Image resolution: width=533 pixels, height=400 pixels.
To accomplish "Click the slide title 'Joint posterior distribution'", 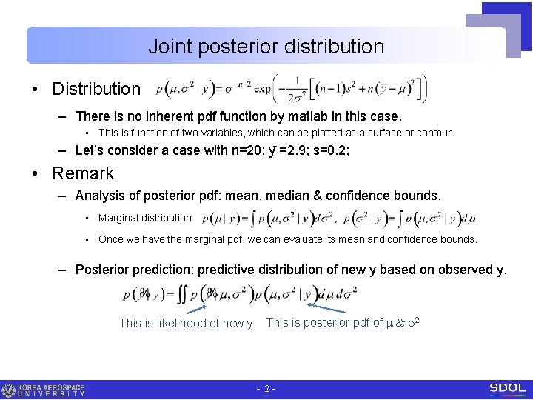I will pyautogui.click(x=266, y=46).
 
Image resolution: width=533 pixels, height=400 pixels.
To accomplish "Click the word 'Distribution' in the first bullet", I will pyautogui.click(x=95, y=89).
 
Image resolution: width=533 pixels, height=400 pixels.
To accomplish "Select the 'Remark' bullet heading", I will pyautogui.click(x=82, y=173).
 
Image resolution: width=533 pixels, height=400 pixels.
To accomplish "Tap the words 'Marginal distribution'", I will pyautogui.click(x=144, y=218).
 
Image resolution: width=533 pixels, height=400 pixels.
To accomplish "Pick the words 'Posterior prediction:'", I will pyautogui.click(x=135, y=270).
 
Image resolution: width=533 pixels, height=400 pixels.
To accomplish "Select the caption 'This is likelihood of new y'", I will pyautogui.click(x=186, y=323).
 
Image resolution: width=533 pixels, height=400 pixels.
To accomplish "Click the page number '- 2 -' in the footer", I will pyautogui.click(x=266, y=389).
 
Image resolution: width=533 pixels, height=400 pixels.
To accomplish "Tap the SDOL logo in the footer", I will pyautogui.click(x=507, y=388).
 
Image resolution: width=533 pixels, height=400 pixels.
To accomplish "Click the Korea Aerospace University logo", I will pyautogui.click(x=44, y=390).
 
